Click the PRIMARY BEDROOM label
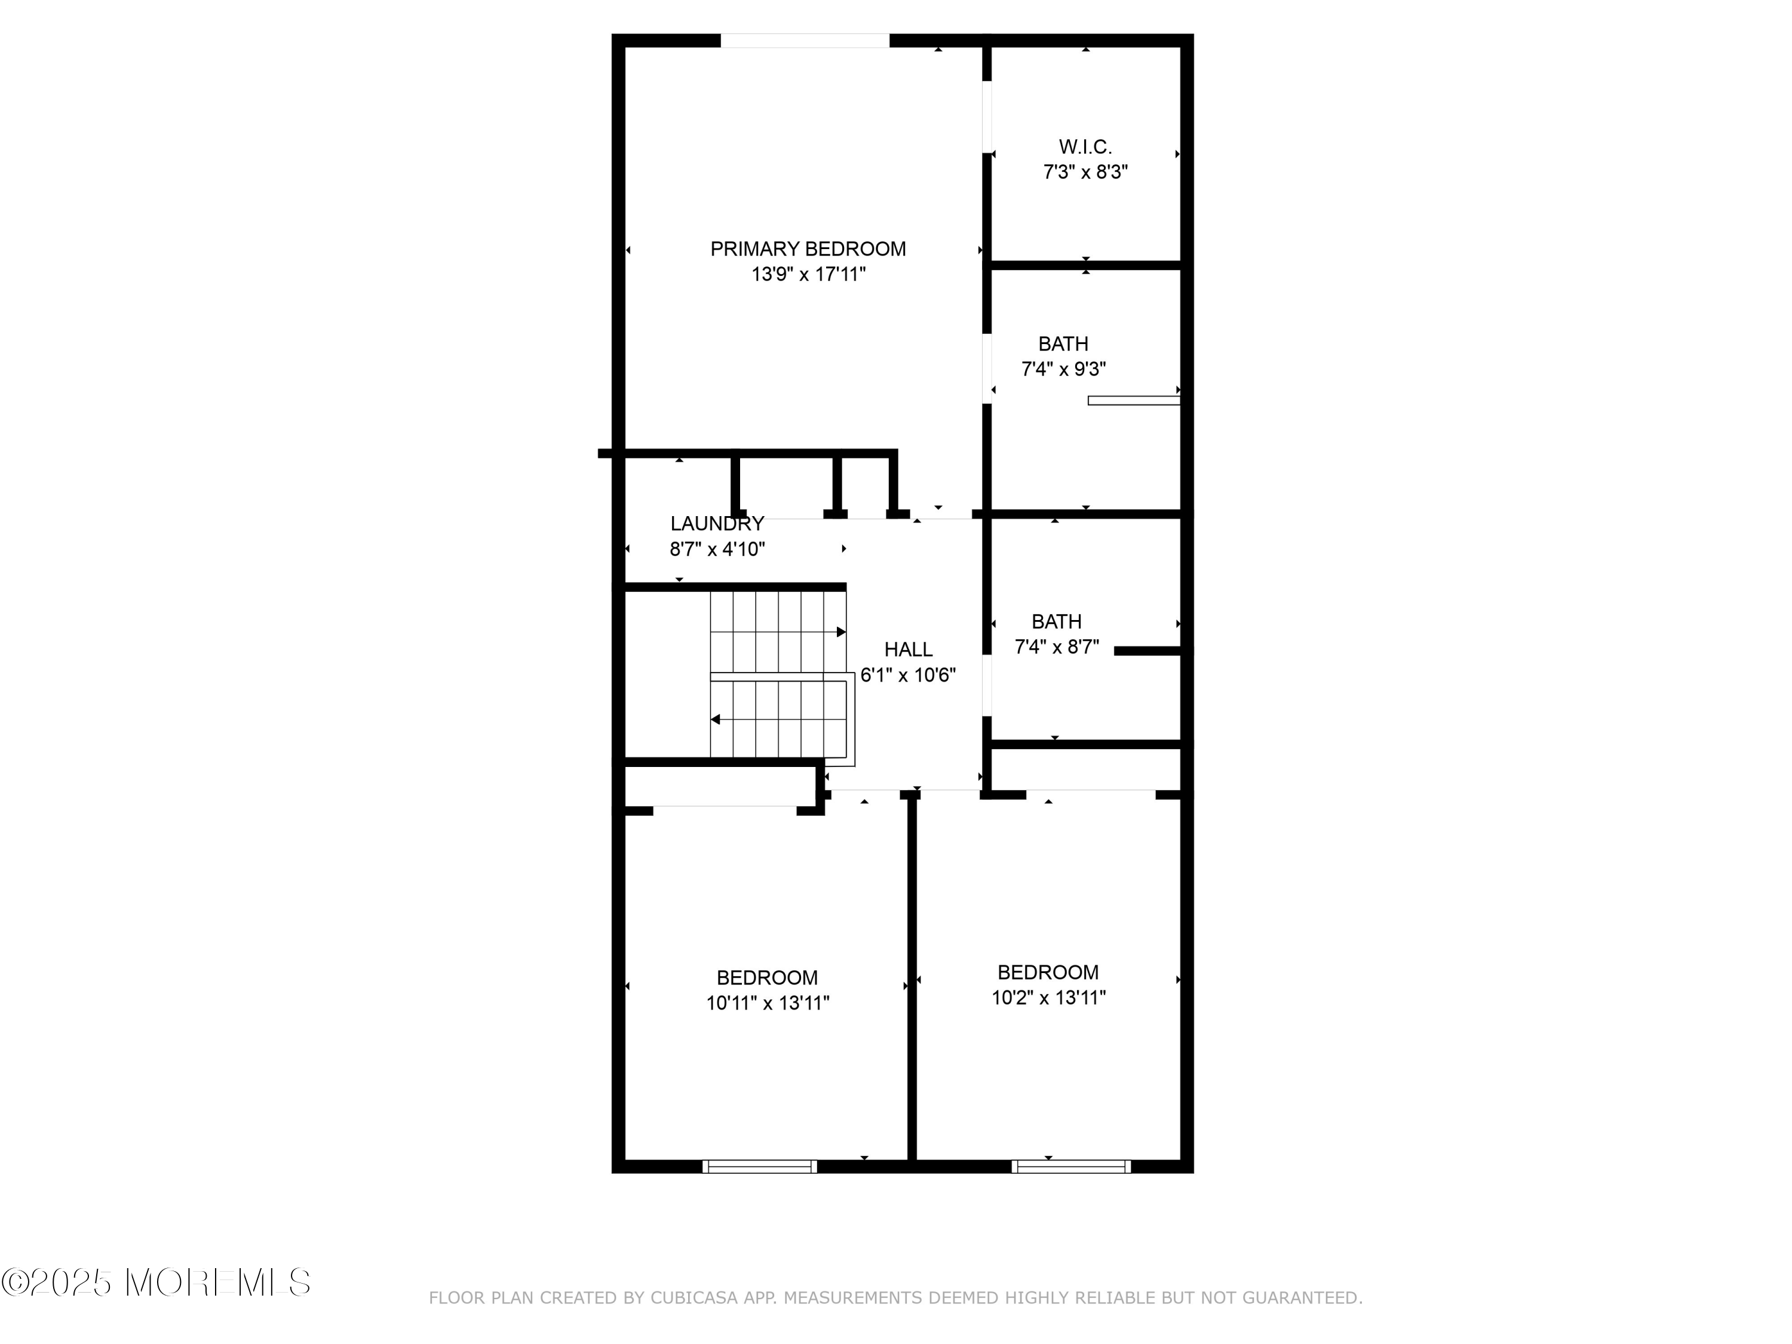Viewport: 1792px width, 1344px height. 808,248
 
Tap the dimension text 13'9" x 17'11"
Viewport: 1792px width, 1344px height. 808,275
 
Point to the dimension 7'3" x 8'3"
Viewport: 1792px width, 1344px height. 1085,172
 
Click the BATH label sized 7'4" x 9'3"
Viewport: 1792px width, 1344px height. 1063,343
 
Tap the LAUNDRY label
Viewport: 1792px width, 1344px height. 717,523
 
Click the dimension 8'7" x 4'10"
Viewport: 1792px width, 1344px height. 717,550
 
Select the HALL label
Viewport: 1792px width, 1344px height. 907,649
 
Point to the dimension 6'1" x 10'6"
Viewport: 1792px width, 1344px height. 907,675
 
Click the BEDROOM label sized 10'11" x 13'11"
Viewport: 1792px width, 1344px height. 766,977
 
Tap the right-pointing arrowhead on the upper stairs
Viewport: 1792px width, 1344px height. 841,632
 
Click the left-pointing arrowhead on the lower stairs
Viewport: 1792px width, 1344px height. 716,719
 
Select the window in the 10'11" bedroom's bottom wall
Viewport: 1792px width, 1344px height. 759,1166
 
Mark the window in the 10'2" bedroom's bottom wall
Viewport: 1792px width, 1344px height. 1070,1166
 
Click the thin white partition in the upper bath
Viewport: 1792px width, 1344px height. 1133,400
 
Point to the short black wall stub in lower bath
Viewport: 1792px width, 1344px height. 1146,650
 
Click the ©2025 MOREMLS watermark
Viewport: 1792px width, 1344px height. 155,1282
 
